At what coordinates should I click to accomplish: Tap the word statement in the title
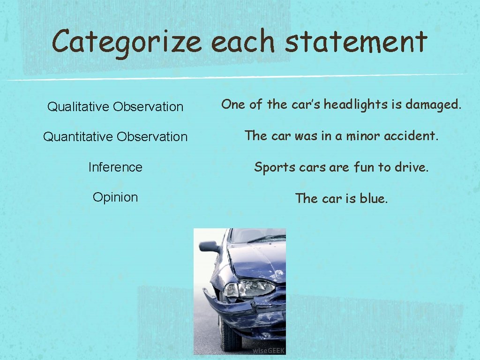point(356,41)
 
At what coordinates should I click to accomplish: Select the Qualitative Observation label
point(115,107)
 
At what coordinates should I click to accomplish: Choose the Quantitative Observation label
point(115,137)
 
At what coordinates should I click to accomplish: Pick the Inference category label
point(115,167)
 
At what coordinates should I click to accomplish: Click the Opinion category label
point(115,197)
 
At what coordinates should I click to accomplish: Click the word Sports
point(271,167)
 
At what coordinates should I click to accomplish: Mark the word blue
point(374,198)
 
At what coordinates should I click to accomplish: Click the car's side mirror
point(209,247)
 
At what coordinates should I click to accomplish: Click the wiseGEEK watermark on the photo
point(269,351)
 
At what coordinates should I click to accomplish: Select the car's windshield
point(258,235)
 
